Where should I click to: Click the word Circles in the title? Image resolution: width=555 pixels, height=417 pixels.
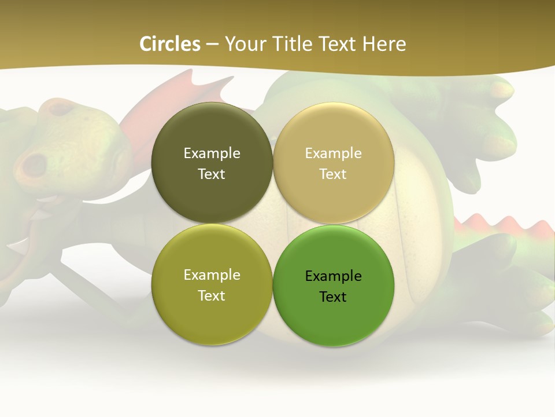[x=170, y=44]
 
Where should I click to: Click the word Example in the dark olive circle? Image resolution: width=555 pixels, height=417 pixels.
[x=212, y=153]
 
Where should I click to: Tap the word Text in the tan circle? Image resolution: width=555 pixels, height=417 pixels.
[x=333, y=174]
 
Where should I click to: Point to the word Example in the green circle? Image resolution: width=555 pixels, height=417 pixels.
[x=333, y=276]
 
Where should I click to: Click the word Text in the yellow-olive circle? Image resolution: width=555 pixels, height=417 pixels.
[x=212, y=296]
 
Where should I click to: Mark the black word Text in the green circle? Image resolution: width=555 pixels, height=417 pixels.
[x=333, y=297]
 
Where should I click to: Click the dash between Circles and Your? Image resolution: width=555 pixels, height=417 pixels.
[x=212, y=44]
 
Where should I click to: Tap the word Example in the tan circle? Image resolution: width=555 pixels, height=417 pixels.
[x=333, y=153]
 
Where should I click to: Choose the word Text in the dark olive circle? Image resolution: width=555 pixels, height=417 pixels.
[x=212, y=174]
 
